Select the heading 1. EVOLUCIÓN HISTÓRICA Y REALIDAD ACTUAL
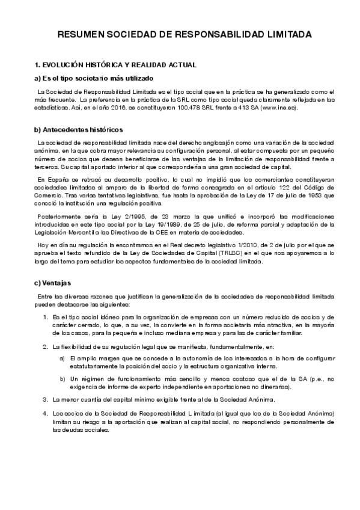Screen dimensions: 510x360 [116, 64]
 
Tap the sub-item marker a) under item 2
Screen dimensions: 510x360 [63, 358]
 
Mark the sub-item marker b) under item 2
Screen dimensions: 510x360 [63, 379]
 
